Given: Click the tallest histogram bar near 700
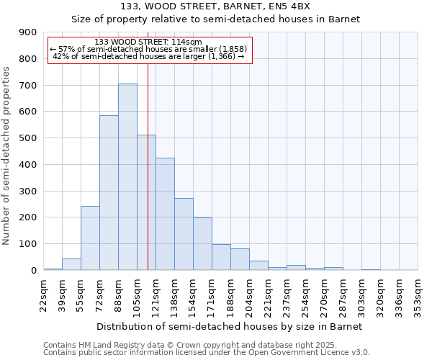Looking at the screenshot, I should pyautogui.click(x=127, y=176).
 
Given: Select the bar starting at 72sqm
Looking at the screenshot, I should pyautogui.click(x=109, y=193).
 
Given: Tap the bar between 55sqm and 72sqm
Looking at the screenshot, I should pyautogui.click(x=90, y=238).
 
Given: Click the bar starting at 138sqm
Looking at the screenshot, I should pyautogui.click(x=184, y=234).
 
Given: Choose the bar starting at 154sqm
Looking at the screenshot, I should pyautogui.click(x=202, y=243).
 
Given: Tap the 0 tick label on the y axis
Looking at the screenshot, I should pyautogui.click(x=33, y=270).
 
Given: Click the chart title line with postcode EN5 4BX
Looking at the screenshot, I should pyautogui.click(x=216, y=6).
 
